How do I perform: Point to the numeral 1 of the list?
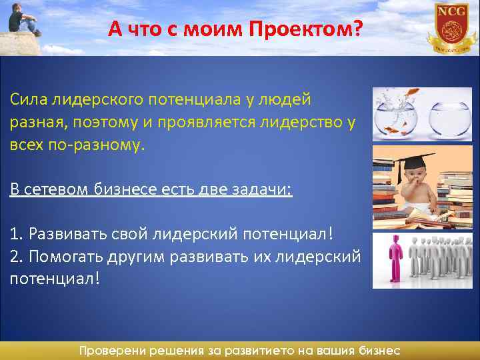pos(14,234)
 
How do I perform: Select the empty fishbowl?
pos(449,118)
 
